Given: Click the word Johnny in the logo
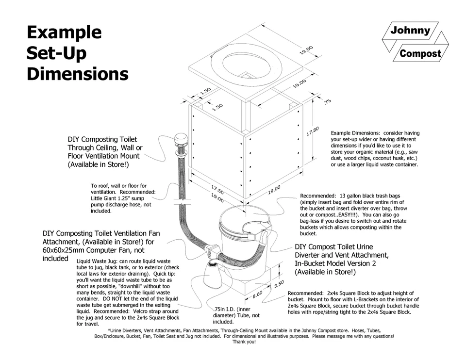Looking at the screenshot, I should [x=410, y=31].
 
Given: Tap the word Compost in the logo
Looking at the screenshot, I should [x=420, y=54].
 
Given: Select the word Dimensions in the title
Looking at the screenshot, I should [x=78, y=74].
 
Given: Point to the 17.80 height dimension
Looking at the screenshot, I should [x=313, y=131].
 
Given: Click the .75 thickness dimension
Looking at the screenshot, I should [x=327, y=101].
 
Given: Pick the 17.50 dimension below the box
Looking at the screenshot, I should [x=217, y=188].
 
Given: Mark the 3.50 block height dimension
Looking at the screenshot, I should [x=279, y=284].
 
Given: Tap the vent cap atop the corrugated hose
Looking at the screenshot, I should [x=181, y=141].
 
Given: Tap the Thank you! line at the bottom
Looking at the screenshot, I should [x=244, y=342].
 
